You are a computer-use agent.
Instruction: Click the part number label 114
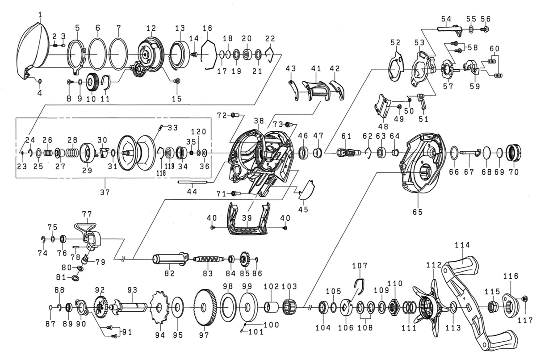point(462,245)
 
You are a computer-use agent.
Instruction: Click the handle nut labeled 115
point(493,306)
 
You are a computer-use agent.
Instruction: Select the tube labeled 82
point(168,259)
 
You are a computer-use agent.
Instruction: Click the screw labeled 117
point(524,298)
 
